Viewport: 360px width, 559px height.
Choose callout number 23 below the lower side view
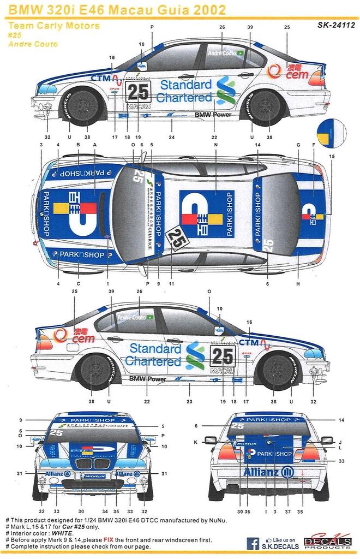tap(189, 401)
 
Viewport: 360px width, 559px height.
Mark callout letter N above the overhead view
tap(217, 144)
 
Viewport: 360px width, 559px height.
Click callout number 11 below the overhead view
tap(171, 283)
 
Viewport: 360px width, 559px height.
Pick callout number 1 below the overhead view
tap(108, 283)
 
